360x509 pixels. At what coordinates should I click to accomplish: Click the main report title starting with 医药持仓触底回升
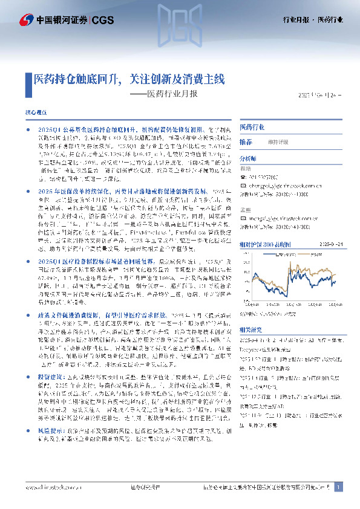click(x=129, y=79)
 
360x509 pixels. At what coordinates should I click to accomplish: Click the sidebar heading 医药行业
click(x=252, y=128)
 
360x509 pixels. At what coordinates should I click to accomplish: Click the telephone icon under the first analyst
click(x=243, y=177)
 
